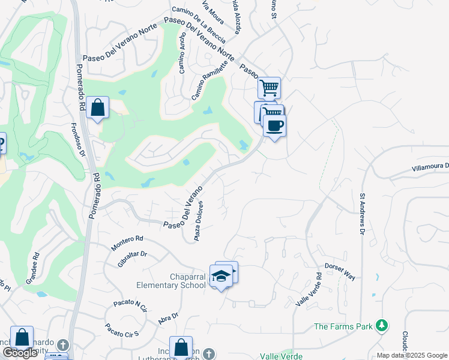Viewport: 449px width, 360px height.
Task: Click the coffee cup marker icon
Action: coord(274,126)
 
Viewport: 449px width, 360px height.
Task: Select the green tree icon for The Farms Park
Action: coord(381,326)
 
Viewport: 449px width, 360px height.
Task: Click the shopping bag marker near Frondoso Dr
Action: coord(97,108)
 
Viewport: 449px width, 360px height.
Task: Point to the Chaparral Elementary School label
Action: coord(171,281)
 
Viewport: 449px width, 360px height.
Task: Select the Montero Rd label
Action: coord(127,242)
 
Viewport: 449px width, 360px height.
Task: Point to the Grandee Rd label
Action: coord(32,268)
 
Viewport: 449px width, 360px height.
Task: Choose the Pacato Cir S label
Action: coord(122,329)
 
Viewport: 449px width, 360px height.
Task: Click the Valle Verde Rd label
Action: coord(309,290)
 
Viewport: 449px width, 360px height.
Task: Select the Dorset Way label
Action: coord(340,271)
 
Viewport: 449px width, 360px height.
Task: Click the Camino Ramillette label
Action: coord(210,83)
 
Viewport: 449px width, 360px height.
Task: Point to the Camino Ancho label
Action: coord(182,55)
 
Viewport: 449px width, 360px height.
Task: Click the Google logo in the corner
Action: coord(20,353)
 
